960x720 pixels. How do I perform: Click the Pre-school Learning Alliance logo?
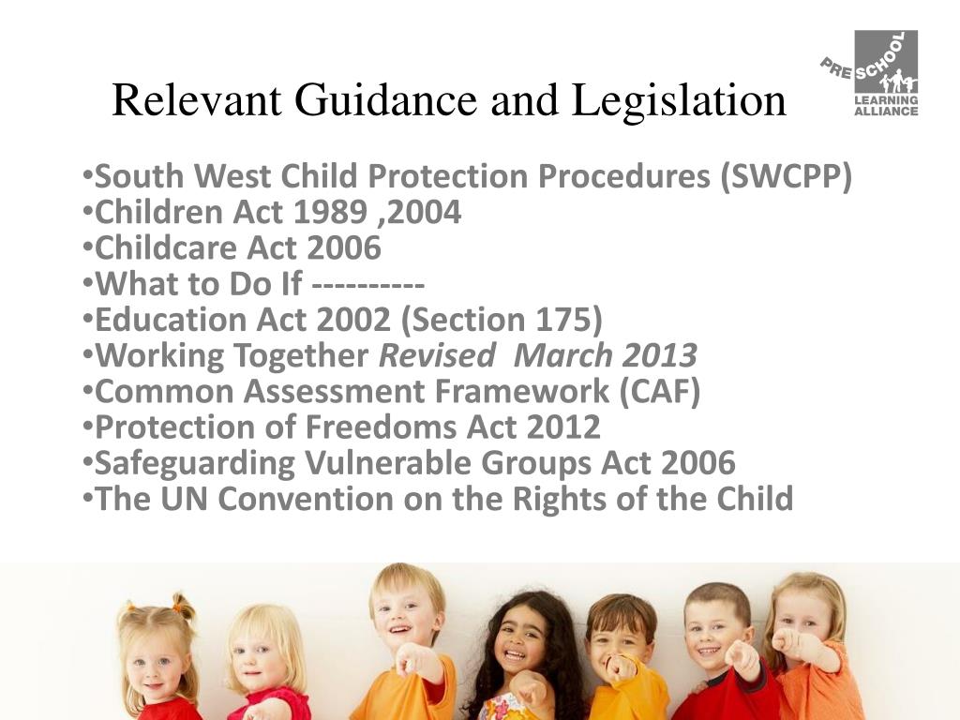pyautogui.click(x=871, y=74)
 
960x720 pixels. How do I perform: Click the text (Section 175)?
pyautogui.click(x=501, y=320)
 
